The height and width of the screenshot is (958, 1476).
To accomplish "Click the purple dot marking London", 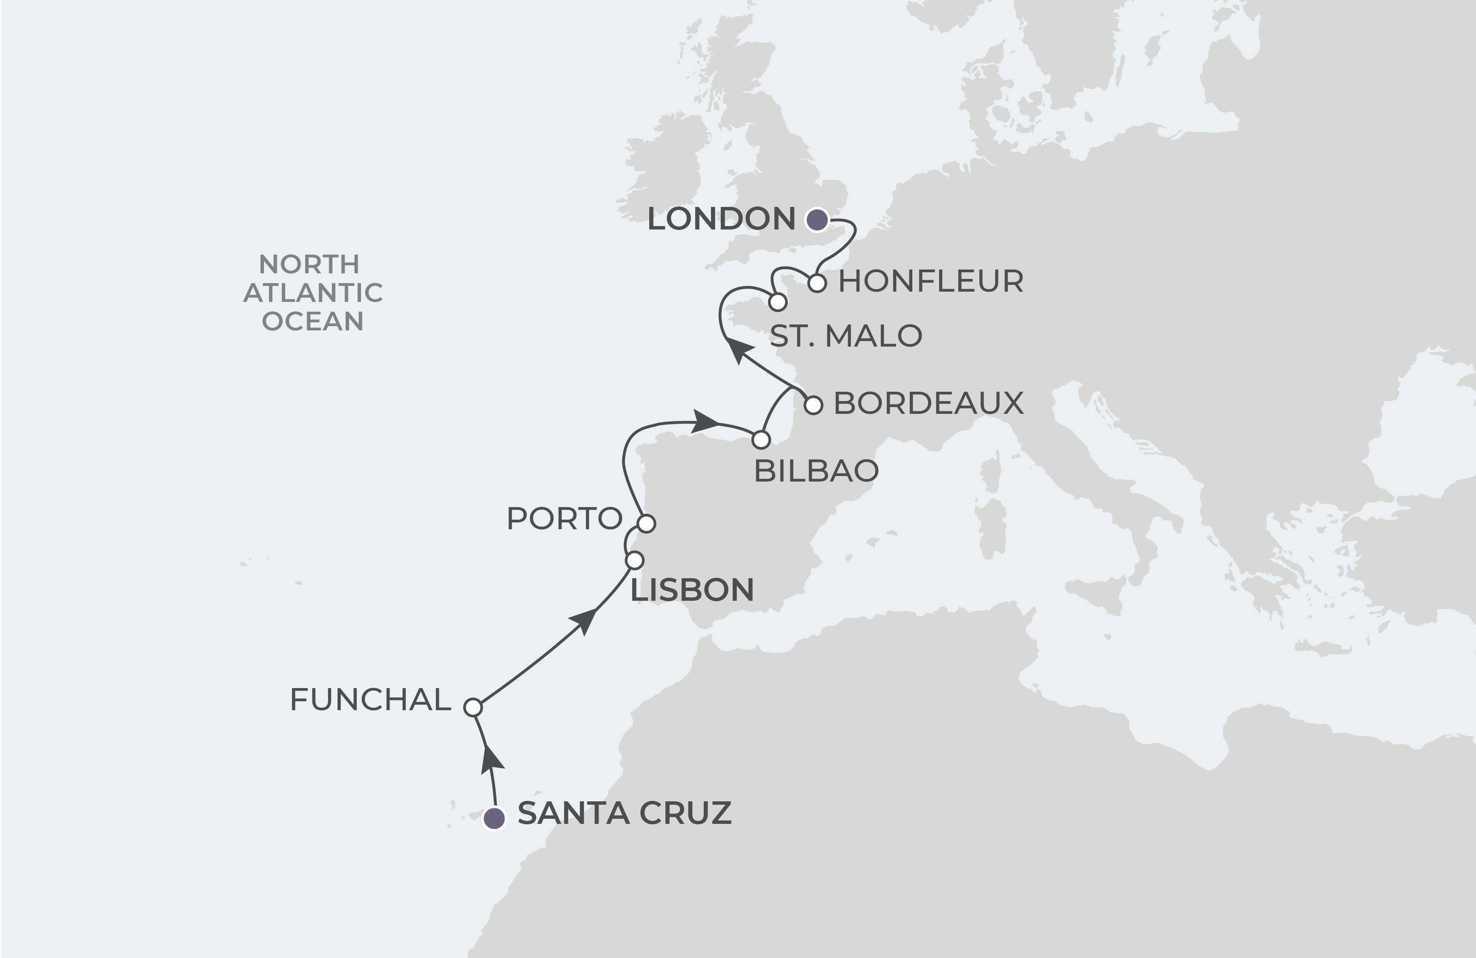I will coord(817,220).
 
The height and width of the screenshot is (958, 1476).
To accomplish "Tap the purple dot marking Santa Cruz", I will coord(494,818).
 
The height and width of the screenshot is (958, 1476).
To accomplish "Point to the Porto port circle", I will coord(646,523).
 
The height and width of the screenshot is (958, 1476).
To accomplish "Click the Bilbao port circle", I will coord(761,440).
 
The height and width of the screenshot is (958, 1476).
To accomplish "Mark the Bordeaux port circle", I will coord(814,405).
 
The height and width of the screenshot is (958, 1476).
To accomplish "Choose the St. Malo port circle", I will coord(778,303).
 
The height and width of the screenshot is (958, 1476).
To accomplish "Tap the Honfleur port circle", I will coord(817,284).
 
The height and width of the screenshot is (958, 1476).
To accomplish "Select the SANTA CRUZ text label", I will coord(625,814).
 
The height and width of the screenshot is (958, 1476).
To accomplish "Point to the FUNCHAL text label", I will coord(370,700).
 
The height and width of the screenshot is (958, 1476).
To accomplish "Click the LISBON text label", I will coord(692,590).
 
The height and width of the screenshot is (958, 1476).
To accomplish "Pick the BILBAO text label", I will coord(816,471).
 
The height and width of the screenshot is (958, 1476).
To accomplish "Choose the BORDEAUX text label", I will coord(929,404).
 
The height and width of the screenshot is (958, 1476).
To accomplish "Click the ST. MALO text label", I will coord(846,336).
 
